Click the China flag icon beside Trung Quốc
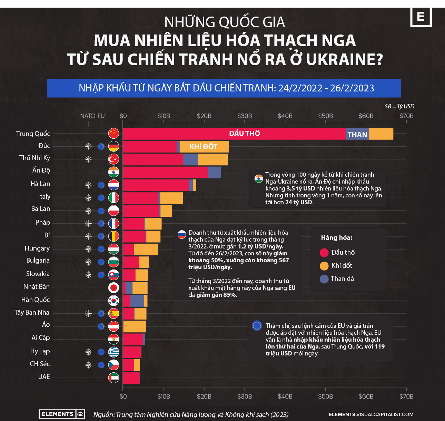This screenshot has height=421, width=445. pyautogui.click(x=113, y=133)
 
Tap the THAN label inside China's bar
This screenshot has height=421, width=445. pyautogui.click(x=357, y=134)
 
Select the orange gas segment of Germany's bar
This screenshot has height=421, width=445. pyautogui.click(x=204, y=147)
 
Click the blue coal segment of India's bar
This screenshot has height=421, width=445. pyautogui.click(x=214, y=172)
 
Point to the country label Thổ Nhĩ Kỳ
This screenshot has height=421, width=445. pyautogui.click(x=34, y=158)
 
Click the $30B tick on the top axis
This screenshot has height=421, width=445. pyautogui.click(x=245, y=116)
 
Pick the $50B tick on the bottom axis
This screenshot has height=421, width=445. pyautogui.click(x=325, y=396)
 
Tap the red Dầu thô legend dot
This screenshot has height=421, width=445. pyautogui.click(x=324, y=253)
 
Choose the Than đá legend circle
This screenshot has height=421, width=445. pyautogui.click(x=324, y=279)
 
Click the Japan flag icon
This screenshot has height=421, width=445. pyautogui.click(x=113, y=287)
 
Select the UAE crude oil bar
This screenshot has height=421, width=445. pyautogui.click(x=131, y=378)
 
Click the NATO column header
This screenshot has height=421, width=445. pyautogui.click(x=88, y=116)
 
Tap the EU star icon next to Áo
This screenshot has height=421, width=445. pyautogui.click(x=101, y=326)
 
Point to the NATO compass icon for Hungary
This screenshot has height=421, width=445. pyautogui.click(x=89, y=249)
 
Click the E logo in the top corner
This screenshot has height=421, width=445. pyautogui.click(x=421, y=17)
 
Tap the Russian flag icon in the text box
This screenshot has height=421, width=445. pyautogui.click(x=182, y=235)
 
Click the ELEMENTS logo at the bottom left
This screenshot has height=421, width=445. pyautogui.click(x=61, y=414)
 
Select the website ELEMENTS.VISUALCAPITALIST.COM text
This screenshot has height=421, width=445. pyautogui.click(x=371, y=414)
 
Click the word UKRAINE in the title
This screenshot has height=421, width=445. pyautogui.click(x=344, y=59)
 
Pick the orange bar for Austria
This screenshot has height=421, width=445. pyautogui.click(x=135, y=326)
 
